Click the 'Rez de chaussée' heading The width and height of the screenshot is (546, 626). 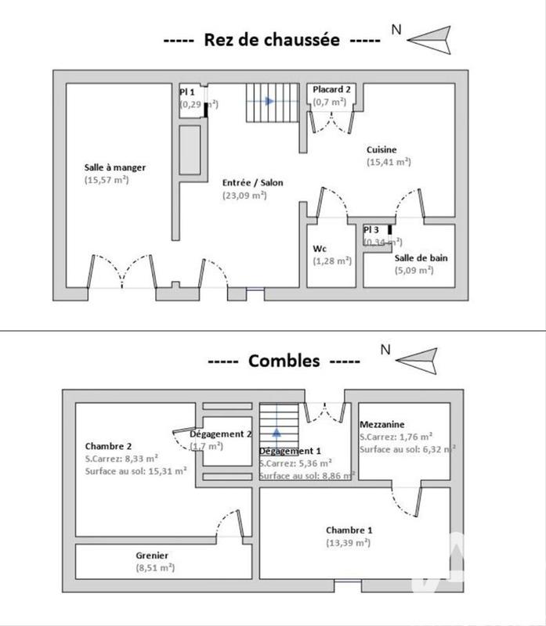[x=272, y=40]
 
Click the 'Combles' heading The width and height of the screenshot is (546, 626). [x=284, y=361]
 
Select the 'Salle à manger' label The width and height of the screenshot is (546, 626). [x=115, y=167]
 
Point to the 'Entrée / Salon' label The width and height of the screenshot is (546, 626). [x=253, y=182]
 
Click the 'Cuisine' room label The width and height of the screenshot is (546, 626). [x=381, y=149]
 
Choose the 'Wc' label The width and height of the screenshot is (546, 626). [x=320, y=249]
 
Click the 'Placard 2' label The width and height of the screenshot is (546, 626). [x=331, y=89]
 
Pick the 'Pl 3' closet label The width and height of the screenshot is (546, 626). [x=371, y=230]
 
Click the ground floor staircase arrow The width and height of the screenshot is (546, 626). [x=269, y=101]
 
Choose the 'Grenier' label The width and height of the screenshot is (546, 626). [x=152, y=556]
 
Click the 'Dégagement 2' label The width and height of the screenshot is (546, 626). [x=210, y=434]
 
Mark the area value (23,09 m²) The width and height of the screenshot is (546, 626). [x=244, y=196]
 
